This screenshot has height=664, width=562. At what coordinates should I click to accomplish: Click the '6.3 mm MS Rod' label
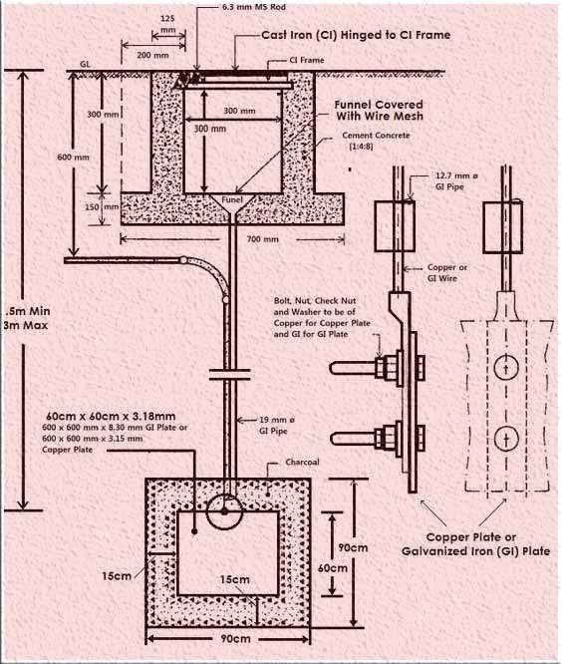(x=254, y=7)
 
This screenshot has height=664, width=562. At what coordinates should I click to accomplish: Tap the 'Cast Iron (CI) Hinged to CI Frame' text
(x=356, y=35)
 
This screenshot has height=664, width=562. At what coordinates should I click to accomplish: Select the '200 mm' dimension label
(x=152, y=55)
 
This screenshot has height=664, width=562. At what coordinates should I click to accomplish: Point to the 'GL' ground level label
(x=85, y=65)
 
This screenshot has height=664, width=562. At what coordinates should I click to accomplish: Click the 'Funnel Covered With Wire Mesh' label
(x=380, y=110)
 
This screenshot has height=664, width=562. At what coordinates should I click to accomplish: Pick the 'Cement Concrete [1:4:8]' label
(x=376, y=141)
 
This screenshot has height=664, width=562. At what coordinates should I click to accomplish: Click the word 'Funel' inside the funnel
(x=232, y=199)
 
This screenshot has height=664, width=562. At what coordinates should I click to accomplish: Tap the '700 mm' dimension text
(x=262, y=239)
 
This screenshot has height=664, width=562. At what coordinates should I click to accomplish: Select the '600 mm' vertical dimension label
(x=73, y=158)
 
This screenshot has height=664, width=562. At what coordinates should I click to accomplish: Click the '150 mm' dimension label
(x=103, y=207)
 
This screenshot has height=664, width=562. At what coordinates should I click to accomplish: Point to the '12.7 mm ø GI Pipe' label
(x=456, y=181)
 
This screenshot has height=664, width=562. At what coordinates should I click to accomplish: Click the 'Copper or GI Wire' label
(x=446, y=273)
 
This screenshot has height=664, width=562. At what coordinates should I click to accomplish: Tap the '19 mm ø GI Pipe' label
(x=277, y=426)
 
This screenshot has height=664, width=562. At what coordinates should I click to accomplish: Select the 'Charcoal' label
(x=302, y=462)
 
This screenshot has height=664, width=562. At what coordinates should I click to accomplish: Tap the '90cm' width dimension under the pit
(x=235, y=639)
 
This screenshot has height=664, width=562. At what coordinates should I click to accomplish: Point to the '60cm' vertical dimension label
(x=333, y=568)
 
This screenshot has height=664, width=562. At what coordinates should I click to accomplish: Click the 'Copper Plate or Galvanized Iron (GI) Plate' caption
(x=475, y=544)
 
